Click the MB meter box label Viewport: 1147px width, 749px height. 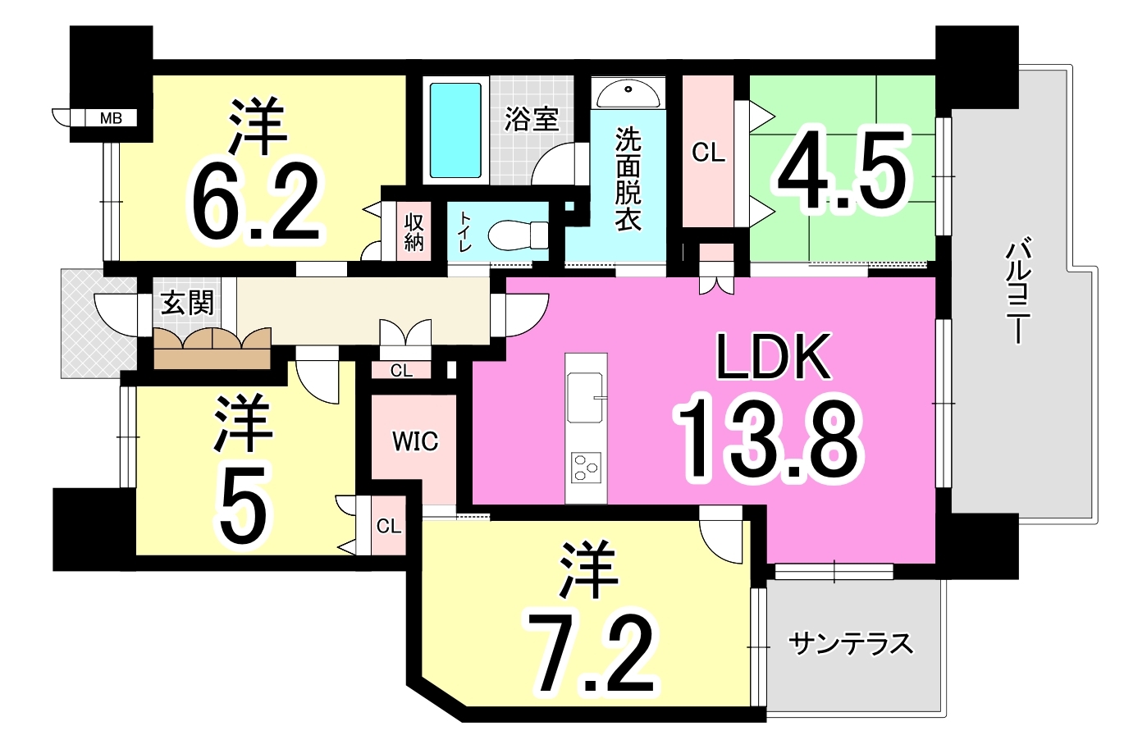(x=111, y=118)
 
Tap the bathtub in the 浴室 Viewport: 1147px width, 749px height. (x=455, y=130)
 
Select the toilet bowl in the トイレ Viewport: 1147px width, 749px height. (x=517, y=235)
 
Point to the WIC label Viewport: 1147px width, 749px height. (x=415, y=441)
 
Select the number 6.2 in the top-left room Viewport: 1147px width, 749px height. (x=258, y=203)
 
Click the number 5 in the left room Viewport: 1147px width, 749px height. (x=243, y=506)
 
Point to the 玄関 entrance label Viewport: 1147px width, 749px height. (x=186, y=304)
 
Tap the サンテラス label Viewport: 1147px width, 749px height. (x=851, y=644)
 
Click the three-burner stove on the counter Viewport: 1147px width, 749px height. (x=586, y=468)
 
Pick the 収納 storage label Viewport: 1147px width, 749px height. (x=414, y=232)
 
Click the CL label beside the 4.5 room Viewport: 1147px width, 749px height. (x=709, y=152)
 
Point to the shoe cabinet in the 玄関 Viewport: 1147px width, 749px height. (x=212, y=348)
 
